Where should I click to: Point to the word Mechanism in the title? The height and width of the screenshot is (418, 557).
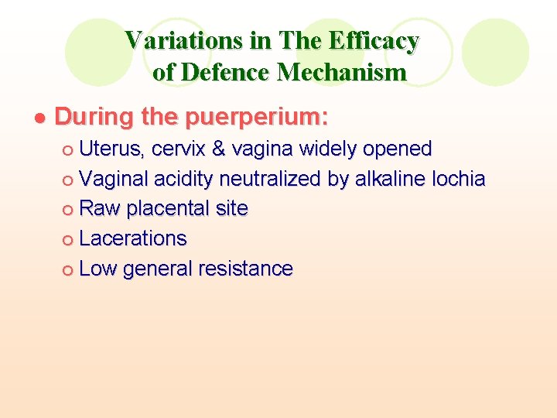pos(342,72)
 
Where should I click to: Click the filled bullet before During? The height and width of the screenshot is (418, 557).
pos(40,118)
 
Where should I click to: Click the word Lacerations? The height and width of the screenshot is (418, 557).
pos(133,238)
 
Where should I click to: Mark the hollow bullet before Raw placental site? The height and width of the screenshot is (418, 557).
pos(69,210)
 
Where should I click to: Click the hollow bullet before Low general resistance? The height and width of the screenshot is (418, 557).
pos(69,270)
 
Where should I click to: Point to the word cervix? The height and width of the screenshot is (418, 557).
pos(178,149)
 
